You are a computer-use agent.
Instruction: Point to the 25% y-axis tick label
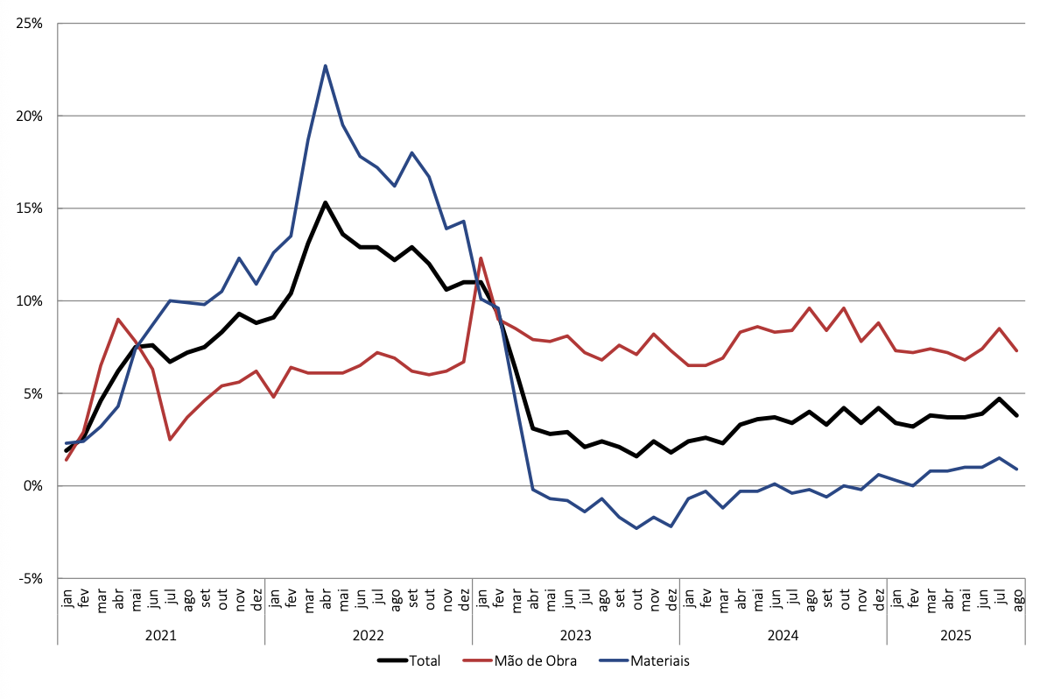click(x=29, y=24)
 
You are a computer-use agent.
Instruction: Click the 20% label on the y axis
click(x=29, y=116)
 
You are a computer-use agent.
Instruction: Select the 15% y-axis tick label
click(x=29, y=208)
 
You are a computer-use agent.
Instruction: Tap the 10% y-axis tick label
click(x=29, y=300)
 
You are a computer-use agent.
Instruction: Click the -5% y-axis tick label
click(x=31, y=578)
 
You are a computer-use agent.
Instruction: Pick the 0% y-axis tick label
click(x=32, y=485)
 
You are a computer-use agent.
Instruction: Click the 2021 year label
click(x=161, y=632)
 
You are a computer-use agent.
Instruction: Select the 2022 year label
click(x=369, y=632)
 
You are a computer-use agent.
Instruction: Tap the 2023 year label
click(x=576, y=632)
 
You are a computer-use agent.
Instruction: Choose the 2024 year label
click(x=783, y=632)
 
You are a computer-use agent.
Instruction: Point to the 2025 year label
click(x=956, y=632)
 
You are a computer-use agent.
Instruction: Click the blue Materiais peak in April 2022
click(x=326, y=66)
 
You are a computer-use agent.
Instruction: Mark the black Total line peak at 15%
click(x=326, y=202)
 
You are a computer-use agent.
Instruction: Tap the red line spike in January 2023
click(x=481, y=258)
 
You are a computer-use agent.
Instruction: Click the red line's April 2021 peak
click(x=118, y=319)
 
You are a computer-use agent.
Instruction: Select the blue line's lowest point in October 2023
click(x=636, y=528)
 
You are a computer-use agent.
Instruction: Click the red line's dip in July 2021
click(x=170, y=440)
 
